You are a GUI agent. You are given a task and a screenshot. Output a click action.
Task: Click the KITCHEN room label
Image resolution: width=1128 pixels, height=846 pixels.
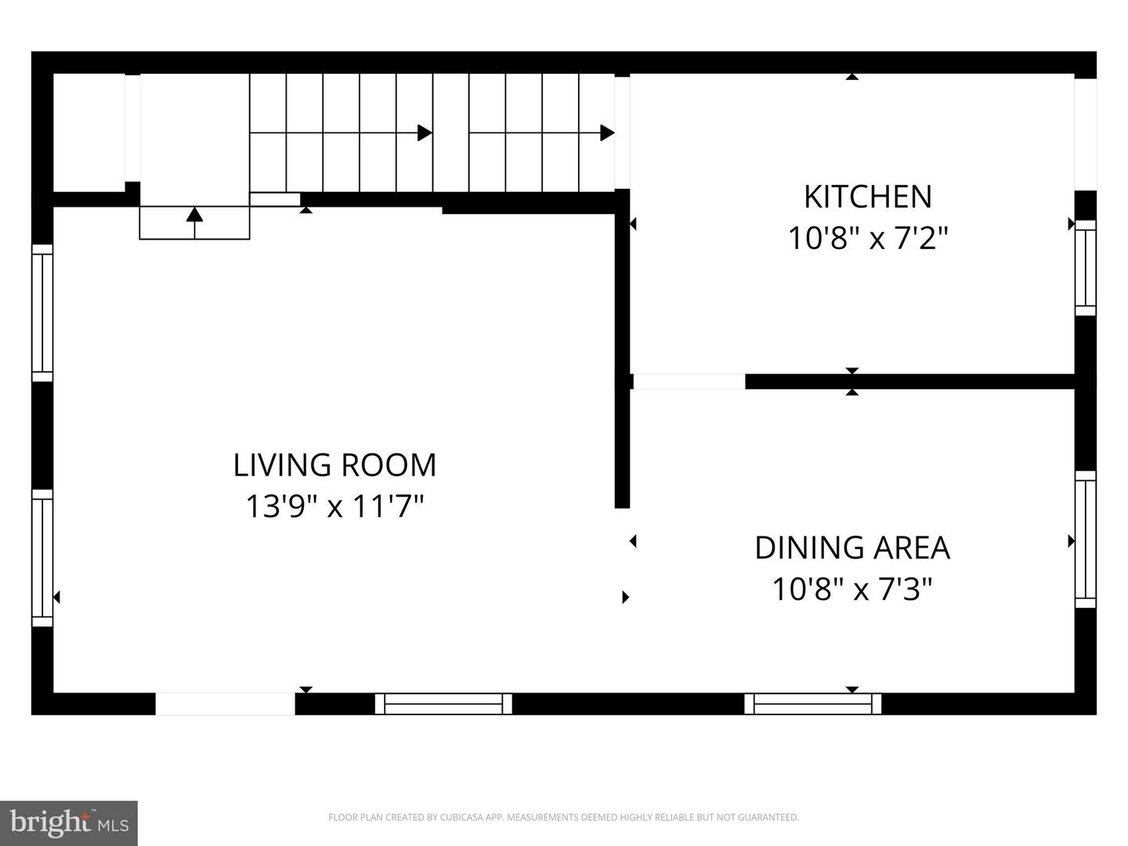(x=867, y=197)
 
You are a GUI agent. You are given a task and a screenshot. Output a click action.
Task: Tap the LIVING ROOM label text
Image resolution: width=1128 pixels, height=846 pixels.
(x=334, y=465)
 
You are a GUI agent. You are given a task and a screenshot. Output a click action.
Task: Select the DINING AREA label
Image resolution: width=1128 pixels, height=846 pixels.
(x=852, y=548)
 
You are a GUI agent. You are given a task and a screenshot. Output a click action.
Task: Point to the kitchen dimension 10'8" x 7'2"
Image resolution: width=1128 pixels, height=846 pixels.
(x=867, y=238)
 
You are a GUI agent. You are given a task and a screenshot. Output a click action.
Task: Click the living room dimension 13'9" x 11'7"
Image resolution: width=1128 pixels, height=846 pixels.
(x=334, y=506)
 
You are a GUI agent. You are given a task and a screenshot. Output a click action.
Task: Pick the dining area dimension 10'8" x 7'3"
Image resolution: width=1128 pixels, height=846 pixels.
(x=852, y=588)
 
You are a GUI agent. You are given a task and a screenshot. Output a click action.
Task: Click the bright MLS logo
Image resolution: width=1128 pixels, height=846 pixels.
(x=69, y=823)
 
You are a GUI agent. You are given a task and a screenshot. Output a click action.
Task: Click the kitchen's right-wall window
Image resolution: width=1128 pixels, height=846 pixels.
(x=1086, y=268)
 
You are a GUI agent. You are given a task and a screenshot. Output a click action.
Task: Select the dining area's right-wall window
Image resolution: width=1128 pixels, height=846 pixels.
(x=1086, y=539)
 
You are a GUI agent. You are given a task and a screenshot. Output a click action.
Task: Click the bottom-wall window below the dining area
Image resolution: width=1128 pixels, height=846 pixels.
(x=812, y=703)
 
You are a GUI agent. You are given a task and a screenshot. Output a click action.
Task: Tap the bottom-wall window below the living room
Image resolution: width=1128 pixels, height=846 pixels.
(x=443, y=703)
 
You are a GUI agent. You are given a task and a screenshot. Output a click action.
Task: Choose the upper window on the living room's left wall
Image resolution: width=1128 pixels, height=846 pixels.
(x=42, y=313)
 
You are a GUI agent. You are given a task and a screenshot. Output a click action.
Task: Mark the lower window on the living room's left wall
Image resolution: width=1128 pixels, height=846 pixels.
(x=42, y=558)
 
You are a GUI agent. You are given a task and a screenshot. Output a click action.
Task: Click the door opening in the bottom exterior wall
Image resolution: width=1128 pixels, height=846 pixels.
(x=225, y=703)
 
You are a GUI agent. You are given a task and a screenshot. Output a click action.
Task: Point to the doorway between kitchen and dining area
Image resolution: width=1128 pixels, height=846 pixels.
(x=689, y=381)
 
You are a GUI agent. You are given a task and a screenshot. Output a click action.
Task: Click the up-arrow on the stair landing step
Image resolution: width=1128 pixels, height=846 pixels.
(x=194, y=223)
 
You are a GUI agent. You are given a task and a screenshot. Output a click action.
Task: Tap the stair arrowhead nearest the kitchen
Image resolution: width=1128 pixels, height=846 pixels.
(x=607, y=133)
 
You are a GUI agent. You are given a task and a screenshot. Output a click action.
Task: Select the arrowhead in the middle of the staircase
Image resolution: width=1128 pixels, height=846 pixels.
(x=425, y=133)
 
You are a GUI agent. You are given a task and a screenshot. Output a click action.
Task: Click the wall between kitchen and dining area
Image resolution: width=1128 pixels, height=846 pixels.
(x=909, y=381)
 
